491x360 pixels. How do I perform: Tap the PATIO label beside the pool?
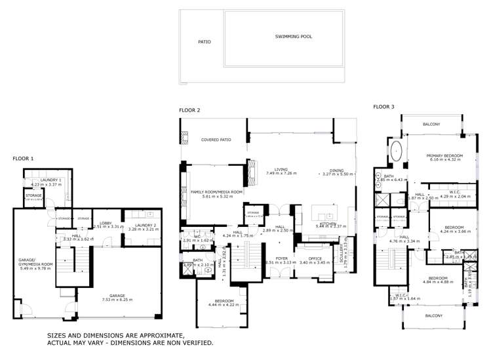pyautogui.click(x=205, y=42)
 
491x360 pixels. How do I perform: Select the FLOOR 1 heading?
pyautogui.click(x=23, y=158)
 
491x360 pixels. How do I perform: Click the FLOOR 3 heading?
pyautogui.click(x=383, y=106)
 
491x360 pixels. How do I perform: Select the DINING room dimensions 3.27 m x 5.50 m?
pyautogui.click(x=337, y=174)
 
